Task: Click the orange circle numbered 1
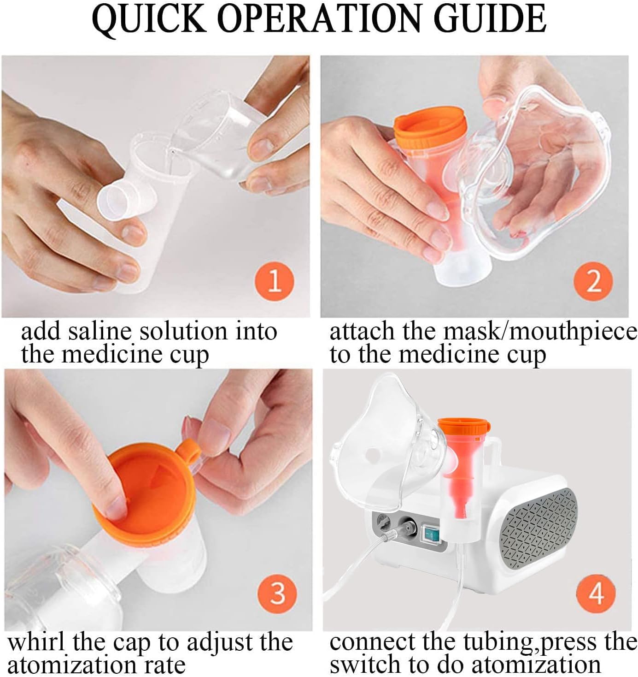click(x=274, y=281)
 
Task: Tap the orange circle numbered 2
click(x=593, y=281)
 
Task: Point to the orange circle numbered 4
click(x=596, y=594)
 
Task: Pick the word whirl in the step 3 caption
click(x=36, y=643)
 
